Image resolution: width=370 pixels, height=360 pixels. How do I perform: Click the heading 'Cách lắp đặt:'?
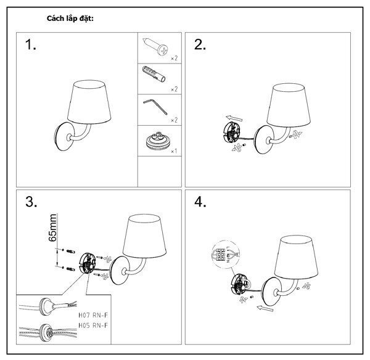point(70,18)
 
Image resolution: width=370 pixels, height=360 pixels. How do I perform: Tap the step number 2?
point(200,45)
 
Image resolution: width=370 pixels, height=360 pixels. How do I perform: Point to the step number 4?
point(200,203)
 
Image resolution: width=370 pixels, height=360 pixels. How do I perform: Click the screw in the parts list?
point(155,46)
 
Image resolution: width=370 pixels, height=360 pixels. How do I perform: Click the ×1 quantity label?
point(174,150)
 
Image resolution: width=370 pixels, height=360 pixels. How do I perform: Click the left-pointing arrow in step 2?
point(234,117)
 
